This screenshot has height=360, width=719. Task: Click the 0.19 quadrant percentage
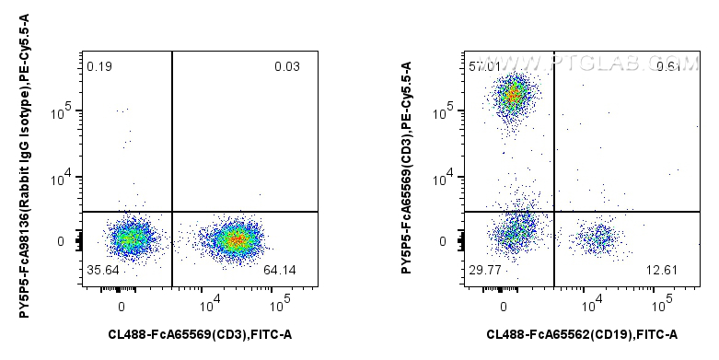click(x=99, y=66)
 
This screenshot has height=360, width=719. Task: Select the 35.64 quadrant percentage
click(x=103, y=270)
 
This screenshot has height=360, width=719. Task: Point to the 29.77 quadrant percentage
click(x=485, y=270)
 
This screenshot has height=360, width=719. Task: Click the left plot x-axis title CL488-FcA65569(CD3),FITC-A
click(x=200, y=334)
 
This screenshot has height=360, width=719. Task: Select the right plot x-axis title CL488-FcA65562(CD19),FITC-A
click(x=582, y=334)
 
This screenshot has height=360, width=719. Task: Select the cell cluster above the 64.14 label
click(x=235, y=239)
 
